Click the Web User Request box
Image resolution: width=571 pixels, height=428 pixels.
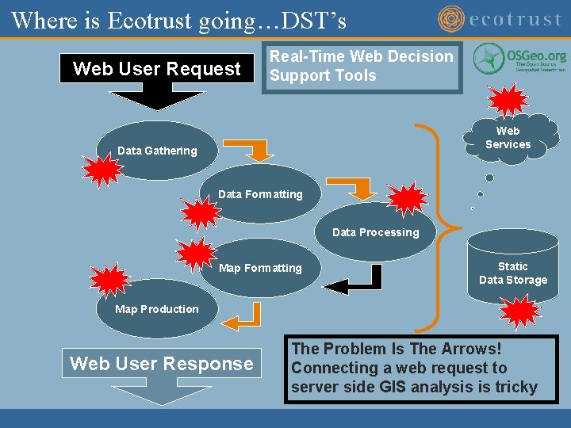(157, 69)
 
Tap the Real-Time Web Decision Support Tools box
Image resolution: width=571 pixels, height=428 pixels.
(362, 67)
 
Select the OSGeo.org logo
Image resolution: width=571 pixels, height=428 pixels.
(520, 60)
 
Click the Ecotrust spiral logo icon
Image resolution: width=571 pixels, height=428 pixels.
(452, 19)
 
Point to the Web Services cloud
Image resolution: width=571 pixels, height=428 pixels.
(508, 138)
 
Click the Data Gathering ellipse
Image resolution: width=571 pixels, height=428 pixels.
(157, 151)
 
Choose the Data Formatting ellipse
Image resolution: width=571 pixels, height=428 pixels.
(260, 194)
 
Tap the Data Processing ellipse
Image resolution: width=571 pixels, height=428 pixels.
(375, 232)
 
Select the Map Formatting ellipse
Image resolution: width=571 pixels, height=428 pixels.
(260, 268)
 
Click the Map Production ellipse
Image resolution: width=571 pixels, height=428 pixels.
(157, 309)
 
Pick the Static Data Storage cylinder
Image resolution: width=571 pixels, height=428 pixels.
(512, 269)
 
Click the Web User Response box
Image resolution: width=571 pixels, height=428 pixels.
(161, 364)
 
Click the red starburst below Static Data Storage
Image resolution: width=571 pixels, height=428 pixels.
(522, 311)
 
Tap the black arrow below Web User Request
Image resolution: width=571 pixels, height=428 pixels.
(156, 99)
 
